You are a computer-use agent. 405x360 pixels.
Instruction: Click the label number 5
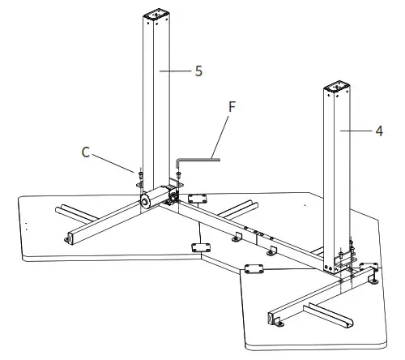(x=198, y=71)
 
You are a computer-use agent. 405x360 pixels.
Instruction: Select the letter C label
(x=87, y=150)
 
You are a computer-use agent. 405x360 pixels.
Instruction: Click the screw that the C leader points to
(x=140, y=173)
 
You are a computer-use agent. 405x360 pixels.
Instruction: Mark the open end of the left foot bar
(x=69, y=238)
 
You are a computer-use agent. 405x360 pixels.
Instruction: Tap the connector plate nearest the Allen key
(x=197, y=197)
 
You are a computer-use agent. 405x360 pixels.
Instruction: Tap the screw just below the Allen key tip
(x=177, y=174)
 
